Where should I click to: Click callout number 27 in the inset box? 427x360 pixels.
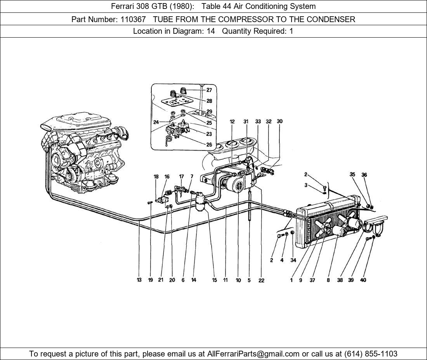click(209, 90)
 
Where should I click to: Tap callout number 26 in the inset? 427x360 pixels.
click(209, 145)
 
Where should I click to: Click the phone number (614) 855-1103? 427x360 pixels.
click(371, 354)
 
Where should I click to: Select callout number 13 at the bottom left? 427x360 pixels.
click(139, 280)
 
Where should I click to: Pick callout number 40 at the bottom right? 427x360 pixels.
click(363, 280)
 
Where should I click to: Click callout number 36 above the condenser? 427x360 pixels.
click(364, 175)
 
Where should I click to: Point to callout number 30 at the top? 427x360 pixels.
click(279, 121)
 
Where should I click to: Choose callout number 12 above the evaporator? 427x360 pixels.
click(232, 121)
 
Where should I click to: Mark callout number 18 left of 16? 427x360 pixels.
click(156, 177)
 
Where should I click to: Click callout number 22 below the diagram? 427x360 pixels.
click(261, 280)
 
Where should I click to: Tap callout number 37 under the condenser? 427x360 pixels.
click(312, 280)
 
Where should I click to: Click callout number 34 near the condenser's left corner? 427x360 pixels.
click(293, 260)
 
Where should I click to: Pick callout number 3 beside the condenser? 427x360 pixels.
click(306, 185)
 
